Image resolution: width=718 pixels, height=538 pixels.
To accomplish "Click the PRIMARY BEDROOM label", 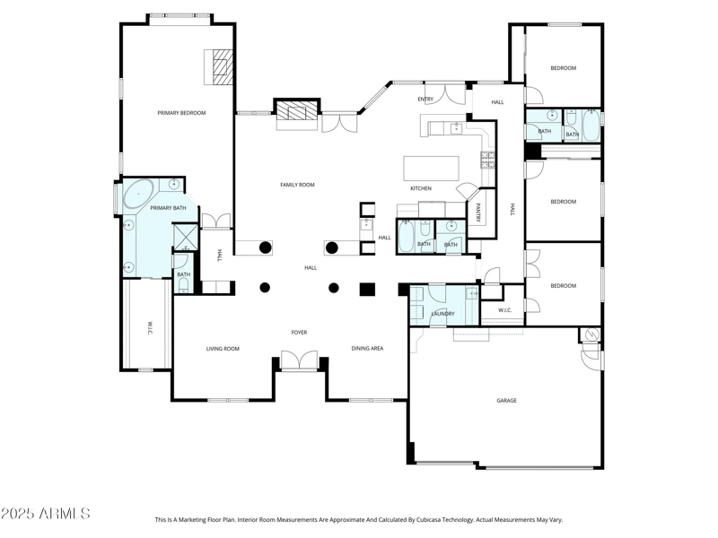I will point(181,113).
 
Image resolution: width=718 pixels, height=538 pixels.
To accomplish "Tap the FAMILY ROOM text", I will point(297,185).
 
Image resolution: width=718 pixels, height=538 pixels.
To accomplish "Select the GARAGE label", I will point(506,400).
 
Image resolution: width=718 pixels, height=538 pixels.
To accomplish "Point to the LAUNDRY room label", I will point(442,314).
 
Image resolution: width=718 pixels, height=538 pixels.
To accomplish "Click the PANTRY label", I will point(479,213).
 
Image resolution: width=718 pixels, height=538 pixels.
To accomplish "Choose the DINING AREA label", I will point(367,348).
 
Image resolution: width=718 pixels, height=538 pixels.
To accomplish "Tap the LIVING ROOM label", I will point(223,349).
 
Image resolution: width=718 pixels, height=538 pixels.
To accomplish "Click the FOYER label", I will point(299,333).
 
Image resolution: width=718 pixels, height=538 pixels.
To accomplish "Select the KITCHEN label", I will point(421,188).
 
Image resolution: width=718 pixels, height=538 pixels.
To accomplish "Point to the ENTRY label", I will point(425,99).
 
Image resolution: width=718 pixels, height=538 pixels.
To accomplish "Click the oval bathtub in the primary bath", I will point(138,195).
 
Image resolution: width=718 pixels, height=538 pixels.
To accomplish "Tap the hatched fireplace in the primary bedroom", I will point(222,66).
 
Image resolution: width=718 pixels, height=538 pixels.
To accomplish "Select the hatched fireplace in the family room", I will point(296,111).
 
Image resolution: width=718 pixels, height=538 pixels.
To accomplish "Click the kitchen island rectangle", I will point(431,168).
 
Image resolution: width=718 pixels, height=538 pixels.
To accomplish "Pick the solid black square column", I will point(366,289).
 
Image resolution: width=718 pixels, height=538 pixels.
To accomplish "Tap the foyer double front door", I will point(299,360).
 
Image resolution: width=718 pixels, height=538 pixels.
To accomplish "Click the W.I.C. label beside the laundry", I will point(504,310).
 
